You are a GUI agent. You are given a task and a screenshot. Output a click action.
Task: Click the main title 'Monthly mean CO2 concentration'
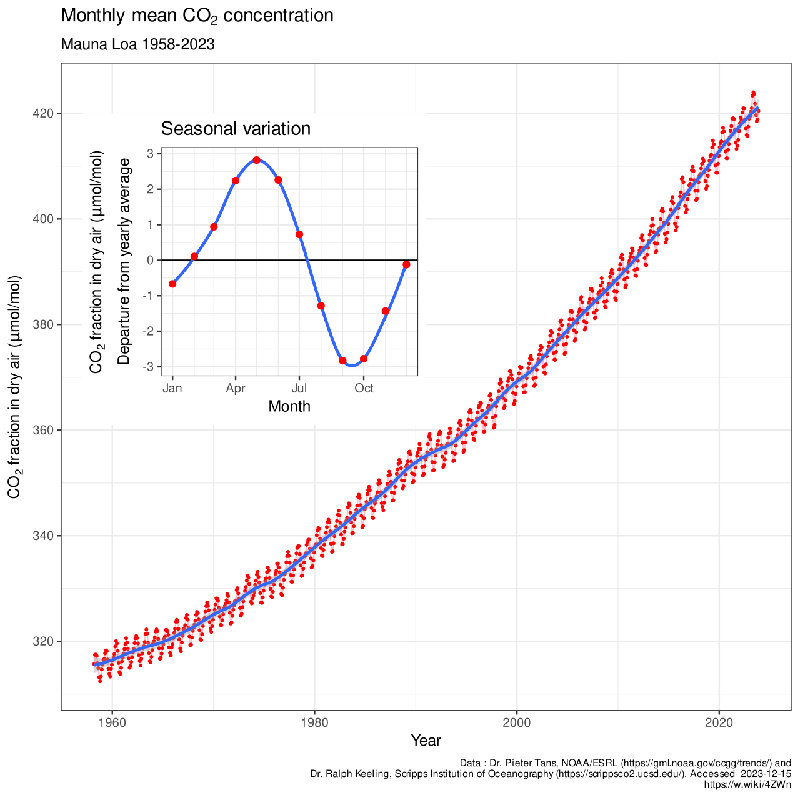tap(197, 16)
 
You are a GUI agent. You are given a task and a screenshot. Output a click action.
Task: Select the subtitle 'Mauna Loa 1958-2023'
tap(137, 45)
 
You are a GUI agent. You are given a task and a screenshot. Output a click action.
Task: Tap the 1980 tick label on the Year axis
tap(314, 722)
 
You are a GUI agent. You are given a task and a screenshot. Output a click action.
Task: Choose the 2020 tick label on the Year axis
tap(719, 722)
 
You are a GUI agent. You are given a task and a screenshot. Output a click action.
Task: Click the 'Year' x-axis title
tap(426, 741)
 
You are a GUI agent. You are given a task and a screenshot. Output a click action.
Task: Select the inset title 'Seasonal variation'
tap(236, 129)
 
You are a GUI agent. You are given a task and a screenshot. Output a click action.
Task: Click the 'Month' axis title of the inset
tap(289, 406)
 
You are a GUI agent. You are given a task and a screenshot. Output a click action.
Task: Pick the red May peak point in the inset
tap(257, 160)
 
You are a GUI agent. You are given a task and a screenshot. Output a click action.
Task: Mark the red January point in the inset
tap(172, 284)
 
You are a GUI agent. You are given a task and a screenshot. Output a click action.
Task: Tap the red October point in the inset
tap(364, 359)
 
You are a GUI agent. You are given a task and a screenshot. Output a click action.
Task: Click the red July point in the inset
tap(299, 234)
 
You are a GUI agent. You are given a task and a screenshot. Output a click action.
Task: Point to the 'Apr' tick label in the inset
tap(236, 389)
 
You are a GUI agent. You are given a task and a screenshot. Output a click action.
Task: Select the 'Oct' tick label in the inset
tap(364, 389)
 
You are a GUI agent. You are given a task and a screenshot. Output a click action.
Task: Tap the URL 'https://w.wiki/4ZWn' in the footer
tap(747, 784)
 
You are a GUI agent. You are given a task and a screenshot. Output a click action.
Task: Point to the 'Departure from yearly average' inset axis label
tap(124, 261)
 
